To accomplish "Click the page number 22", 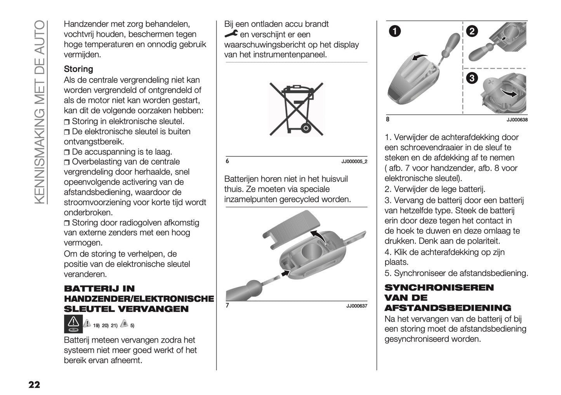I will (34, 385).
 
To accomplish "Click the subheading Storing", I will (78, 69).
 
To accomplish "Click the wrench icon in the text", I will (231, 35).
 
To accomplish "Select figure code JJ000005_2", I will (354, 161).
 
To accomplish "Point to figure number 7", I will (228, 305).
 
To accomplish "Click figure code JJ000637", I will (356, 306).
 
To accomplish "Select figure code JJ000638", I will (517, 120).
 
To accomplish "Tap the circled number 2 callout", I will (472, 31).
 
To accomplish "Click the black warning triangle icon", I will (73, 324).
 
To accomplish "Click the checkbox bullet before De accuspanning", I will (67, 152).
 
